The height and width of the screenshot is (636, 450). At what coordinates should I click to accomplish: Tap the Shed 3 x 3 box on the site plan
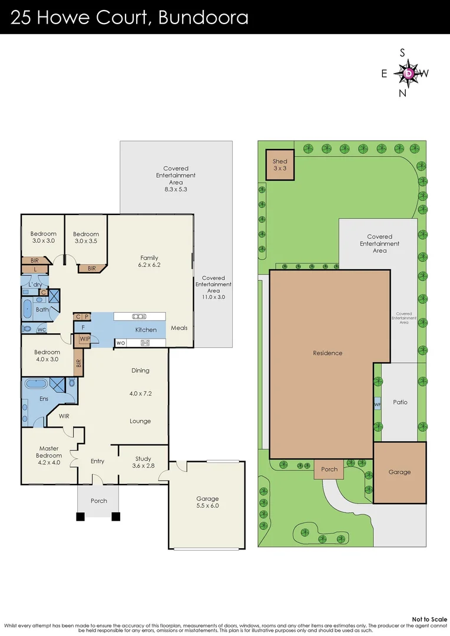[280, 165]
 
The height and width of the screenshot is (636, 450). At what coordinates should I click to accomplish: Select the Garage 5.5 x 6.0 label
[207, 502]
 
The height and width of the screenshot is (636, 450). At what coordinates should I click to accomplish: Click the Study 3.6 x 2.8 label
[143, 462]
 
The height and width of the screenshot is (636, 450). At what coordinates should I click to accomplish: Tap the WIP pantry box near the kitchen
[80, 339]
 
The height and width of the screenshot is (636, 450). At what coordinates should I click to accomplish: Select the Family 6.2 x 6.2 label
[150, 261]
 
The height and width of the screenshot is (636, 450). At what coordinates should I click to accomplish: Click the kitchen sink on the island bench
[140, 316]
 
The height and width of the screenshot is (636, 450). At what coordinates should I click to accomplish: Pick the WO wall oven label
[120, 343]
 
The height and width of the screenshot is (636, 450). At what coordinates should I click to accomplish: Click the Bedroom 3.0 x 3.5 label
[86, 237]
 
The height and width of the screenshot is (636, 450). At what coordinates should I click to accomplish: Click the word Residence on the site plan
[327, 353]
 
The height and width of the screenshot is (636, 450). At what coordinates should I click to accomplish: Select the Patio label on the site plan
[399, 402]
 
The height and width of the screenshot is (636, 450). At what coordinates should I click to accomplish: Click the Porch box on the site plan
[329, 469]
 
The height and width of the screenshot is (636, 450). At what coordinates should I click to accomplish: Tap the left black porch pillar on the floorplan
[80, 517]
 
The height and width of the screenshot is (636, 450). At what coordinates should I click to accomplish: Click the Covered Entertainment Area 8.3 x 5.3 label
[176, 179]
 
